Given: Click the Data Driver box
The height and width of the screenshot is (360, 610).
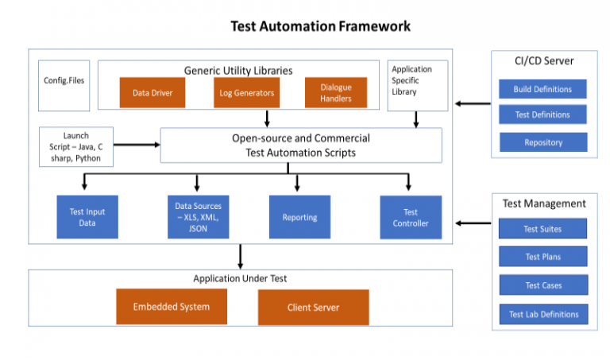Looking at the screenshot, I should (x=152, y=93).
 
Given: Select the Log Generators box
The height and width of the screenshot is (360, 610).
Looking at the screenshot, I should (x=246, y=93).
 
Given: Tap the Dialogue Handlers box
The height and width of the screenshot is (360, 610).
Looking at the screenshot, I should (x=336, y=93).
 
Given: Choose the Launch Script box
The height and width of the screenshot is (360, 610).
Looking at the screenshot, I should (x=75, y=148).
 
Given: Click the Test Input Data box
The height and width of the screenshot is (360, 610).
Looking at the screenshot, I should (x=87, y=217).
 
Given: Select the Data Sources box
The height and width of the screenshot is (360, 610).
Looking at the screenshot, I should (x=198, y=217).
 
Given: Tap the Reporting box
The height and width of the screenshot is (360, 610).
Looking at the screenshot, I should (x=299, y=217).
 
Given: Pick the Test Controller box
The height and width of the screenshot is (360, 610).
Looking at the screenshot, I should (x=410, y=217).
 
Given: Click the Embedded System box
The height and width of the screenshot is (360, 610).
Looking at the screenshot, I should (x=171, y=307).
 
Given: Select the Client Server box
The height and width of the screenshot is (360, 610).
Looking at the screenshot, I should (x=313, y=308).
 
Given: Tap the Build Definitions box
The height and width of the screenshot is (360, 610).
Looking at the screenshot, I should (x=542, y=89).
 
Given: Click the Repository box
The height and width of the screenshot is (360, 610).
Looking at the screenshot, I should (x=542, y=142).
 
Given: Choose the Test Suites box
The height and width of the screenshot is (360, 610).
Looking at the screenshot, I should (x=542, y=229).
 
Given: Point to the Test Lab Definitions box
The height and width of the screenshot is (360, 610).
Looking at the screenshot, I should (x=543, y=314).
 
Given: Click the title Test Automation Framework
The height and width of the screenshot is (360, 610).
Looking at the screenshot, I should (x=320, y=26).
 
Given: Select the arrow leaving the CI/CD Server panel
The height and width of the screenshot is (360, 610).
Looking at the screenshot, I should (x=472, y=103).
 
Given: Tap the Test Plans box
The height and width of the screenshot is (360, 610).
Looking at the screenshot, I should (x=542, y=257).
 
